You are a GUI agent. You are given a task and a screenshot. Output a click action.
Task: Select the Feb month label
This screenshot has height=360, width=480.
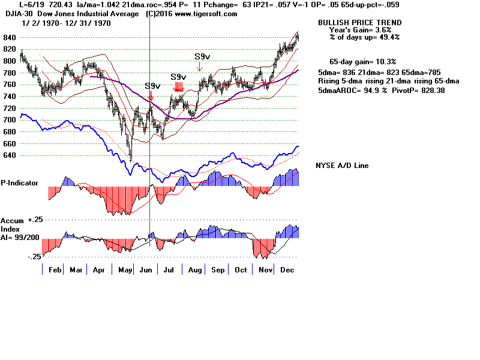pyautogui.click(x=55, y=270)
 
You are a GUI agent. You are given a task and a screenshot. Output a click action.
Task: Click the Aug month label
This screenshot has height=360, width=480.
pyautogui.click(x=195, y=270)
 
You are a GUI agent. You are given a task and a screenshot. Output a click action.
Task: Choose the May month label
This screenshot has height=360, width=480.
pyautogui.click(x=125, y=270)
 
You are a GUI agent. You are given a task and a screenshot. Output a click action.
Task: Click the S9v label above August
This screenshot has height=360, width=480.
pyautogui.click(x=203, y=56)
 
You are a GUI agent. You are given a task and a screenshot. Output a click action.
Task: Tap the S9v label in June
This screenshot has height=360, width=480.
pyautogui.click(x=152, y=86)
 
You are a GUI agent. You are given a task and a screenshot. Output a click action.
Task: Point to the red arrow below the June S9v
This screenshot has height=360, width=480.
pyautogui.click(x=151, y=96)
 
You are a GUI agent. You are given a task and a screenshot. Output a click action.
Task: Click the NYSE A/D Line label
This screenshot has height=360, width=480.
pyautogui.click(x=342, y=166)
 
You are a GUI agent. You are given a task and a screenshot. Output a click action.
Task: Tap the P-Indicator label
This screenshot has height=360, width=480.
pyautogui.click(x=20, y=182)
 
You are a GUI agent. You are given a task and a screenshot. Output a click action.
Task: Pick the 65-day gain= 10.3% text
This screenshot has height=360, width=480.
pyautogui.click(x=362, y=62)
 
